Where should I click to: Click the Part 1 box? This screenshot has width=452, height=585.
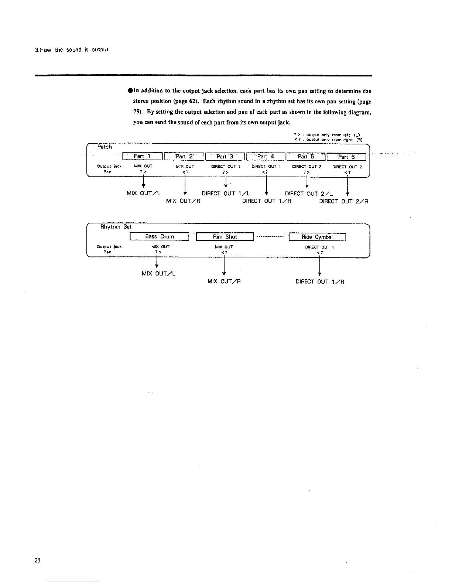[142, 157]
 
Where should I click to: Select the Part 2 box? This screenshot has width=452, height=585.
[184, 157]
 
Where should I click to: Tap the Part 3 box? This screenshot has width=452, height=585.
[225, 157]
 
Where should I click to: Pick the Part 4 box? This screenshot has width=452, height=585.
[266, 157]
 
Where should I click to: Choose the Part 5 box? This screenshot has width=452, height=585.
[307, 157]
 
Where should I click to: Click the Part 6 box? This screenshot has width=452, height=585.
[347, 157]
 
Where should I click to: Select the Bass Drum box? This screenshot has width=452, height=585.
[160, 237]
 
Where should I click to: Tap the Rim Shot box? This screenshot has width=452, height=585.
[225, 237]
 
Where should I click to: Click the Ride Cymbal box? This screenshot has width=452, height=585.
[317, 237]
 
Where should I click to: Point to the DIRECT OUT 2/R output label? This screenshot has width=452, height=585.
[343, 202]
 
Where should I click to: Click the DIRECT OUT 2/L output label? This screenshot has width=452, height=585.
[309, 194]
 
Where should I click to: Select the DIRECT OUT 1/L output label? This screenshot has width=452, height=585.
[226, 194]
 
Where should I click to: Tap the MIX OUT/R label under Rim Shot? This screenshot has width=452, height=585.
[224, 281]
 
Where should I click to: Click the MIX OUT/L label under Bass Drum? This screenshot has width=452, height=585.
[158, 274]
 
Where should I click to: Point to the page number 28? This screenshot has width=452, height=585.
[37, 560]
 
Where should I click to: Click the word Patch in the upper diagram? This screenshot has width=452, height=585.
[105, 147]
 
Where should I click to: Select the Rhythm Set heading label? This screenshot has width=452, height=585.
[116, 227]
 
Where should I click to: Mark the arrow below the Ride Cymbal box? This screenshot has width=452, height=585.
[319, 265]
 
